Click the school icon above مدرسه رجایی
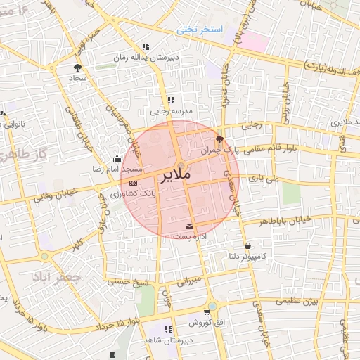point(170,100)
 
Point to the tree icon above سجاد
point(77,67)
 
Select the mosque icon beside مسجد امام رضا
point(117,159)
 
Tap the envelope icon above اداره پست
point(189,226)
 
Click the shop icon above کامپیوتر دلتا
point(247,245)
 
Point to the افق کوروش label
point(206,323)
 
